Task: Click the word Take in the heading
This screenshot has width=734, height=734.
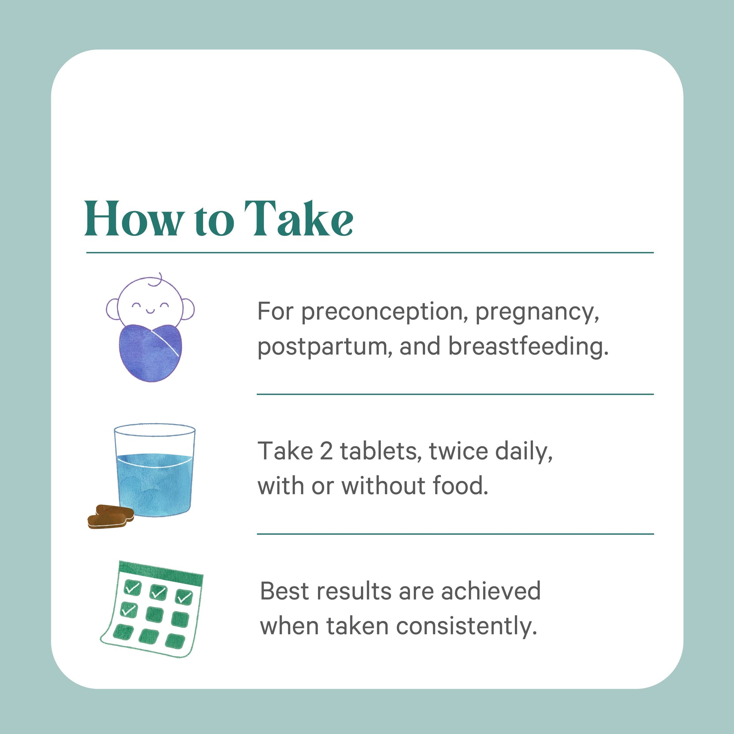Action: tap(299, 219)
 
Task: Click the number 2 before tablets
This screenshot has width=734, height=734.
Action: tap(326, 451)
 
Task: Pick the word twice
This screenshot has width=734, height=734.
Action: tap(459, 451)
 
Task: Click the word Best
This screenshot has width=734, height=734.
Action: tap(283, 591)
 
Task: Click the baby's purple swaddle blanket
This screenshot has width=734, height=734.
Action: tap(150, 352)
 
